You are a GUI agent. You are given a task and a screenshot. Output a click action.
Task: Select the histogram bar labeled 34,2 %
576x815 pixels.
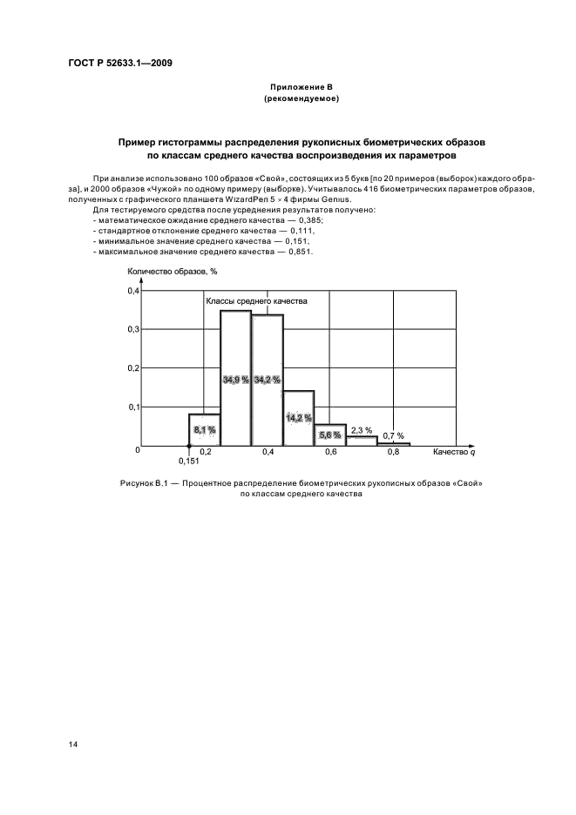pyautogui.click(x=268, y=381)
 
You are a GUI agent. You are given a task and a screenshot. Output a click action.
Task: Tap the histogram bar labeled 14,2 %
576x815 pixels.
pyautogui.click(x=299, y=418)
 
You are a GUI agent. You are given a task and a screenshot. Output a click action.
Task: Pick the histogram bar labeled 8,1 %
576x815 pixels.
pyautogui.click(x=205, y=429)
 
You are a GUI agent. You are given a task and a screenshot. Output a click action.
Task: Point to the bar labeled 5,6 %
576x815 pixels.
pyautogui.click(x=330, y=434)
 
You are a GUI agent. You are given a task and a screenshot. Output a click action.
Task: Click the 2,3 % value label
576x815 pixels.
pyautogui.click(x=362, y=429)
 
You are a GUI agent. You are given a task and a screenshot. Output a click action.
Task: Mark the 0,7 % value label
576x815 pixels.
pyautogui.click(x=394, y=434)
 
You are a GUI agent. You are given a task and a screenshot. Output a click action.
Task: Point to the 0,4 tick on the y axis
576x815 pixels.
pyautogui.click(x=134, y=291)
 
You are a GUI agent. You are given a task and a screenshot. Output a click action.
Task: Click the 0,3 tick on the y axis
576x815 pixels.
pyautogui.click(x=134, y=329)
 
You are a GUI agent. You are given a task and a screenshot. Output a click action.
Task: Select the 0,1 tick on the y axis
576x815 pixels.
pyautogui.click(x=134, y=407)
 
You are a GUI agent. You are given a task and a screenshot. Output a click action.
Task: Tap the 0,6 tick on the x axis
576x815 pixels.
pyautogui.click(x=331, y=453)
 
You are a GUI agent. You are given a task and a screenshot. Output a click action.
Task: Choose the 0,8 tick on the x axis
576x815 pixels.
pyautogui.click(x=394, y=453)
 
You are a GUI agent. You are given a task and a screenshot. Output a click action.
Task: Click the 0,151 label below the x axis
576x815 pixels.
pyautogui.click(x=189, y=461)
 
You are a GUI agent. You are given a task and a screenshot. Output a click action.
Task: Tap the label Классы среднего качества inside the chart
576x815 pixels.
pyautogui.click(x=256, y=300)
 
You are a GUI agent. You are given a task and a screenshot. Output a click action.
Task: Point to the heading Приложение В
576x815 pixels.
pyautogui.click(x=300, y=88)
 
